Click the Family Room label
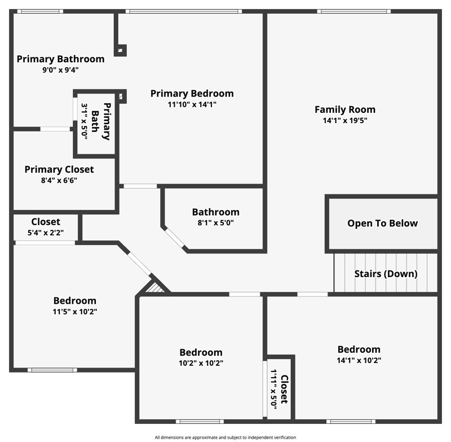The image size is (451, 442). pyautogui.click(x=344, y=110)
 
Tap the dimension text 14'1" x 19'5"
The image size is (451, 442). pyautogui.click(x=344, y=120)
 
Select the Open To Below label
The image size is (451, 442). pyautogui.click(x=382, y=223)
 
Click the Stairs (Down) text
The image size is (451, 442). pyautogui.click(x=386, y=274)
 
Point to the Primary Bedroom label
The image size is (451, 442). pyautogui.click(x=192, y=93)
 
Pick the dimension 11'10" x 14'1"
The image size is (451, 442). pyautogui.click(x=192, y=104)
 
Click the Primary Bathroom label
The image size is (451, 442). pyautogui.click(x=60, y=59)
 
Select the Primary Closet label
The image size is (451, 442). pyautogui.click(x=59, y=169)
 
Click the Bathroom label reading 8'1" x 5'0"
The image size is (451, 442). pyautogui.click(x=215, y=212)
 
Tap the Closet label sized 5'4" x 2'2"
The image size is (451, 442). pyautogui.click(x=46, y=222)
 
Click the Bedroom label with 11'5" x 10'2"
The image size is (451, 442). pyautogui.click(x=74, y=301)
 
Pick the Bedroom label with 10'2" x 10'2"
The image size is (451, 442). pyautogui.click(x=201, y=352)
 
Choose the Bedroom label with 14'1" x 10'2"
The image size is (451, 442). pyautogui.click(x=359, y=349)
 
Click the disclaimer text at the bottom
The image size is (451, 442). pyautogui.click(x=225, y=437)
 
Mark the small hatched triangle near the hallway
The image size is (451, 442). pyautogui.click(x=155, y=288)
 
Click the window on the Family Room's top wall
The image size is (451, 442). pyautogui.click(x=353, y=11)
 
